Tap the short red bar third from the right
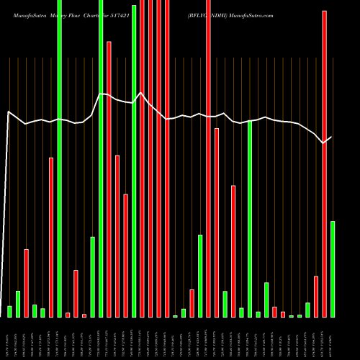(x=316, y=296)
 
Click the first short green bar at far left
(x=9, y=311)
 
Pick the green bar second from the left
(x=18, y=303)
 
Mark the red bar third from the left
(x=26, y=283)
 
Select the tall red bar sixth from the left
(x=51, y=237)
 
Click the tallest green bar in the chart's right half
(x=250, y=219)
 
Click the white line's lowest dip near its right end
(x=323, y=143)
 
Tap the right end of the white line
(x=332, y=137)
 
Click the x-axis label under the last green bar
(x=333, y=338)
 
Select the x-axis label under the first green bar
(x=9, y=338)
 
